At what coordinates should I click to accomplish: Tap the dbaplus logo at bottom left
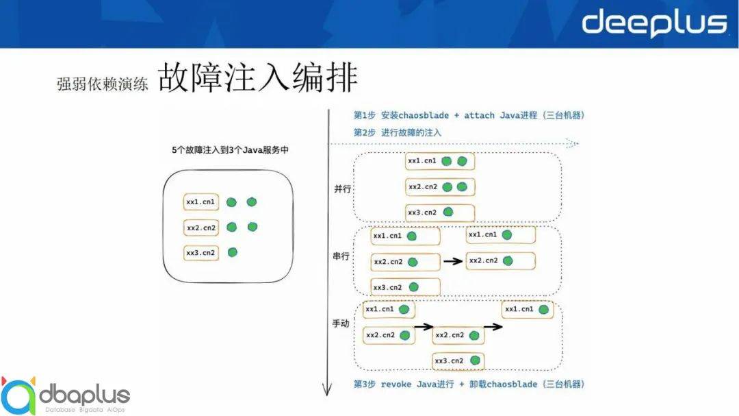click(65, 395)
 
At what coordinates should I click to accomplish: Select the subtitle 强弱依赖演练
click(102, 84)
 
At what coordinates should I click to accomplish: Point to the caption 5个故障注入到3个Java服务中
click(229, 149)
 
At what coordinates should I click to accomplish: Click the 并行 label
click(341, 188)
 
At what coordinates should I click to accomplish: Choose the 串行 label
click(341, 255)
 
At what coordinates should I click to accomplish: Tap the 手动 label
click(341, 323)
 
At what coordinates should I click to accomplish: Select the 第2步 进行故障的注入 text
click(398, 132)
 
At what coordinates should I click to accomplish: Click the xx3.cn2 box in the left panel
click(201, 253)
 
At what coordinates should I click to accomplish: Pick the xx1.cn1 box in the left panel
click(201, 202)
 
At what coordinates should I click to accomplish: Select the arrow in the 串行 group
click(452, 260)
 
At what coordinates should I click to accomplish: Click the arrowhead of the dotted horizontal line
click(573, 144)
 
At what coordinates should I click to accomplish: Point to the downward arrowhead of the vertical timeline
click(327, 391)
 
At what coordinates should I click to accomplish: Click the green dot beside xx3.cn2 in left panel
click(233, 252)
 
